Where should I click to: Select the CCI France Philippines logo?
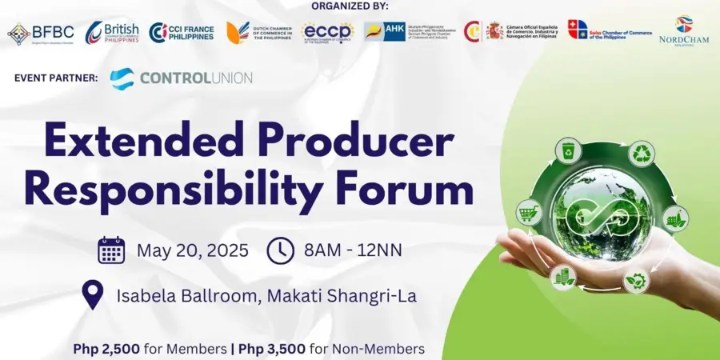click(x=182, y=33)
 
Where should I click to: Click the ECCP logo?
click(x=328, y=32)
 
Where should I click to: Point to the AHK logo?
click(x=385, y=31)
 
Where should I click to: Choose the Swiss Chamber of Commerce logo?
click(x=609, y=30)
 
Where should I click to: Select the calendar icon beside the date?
click(x=111, y=250)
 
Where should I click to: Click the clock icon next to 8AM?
click(x=280, y=250)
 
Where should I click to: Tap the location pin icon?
click(x=94, y=295)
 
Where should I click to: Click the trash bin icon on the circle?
click(x=569, y=150)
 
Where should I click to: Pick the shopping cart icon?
click(x=530, y=212)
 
